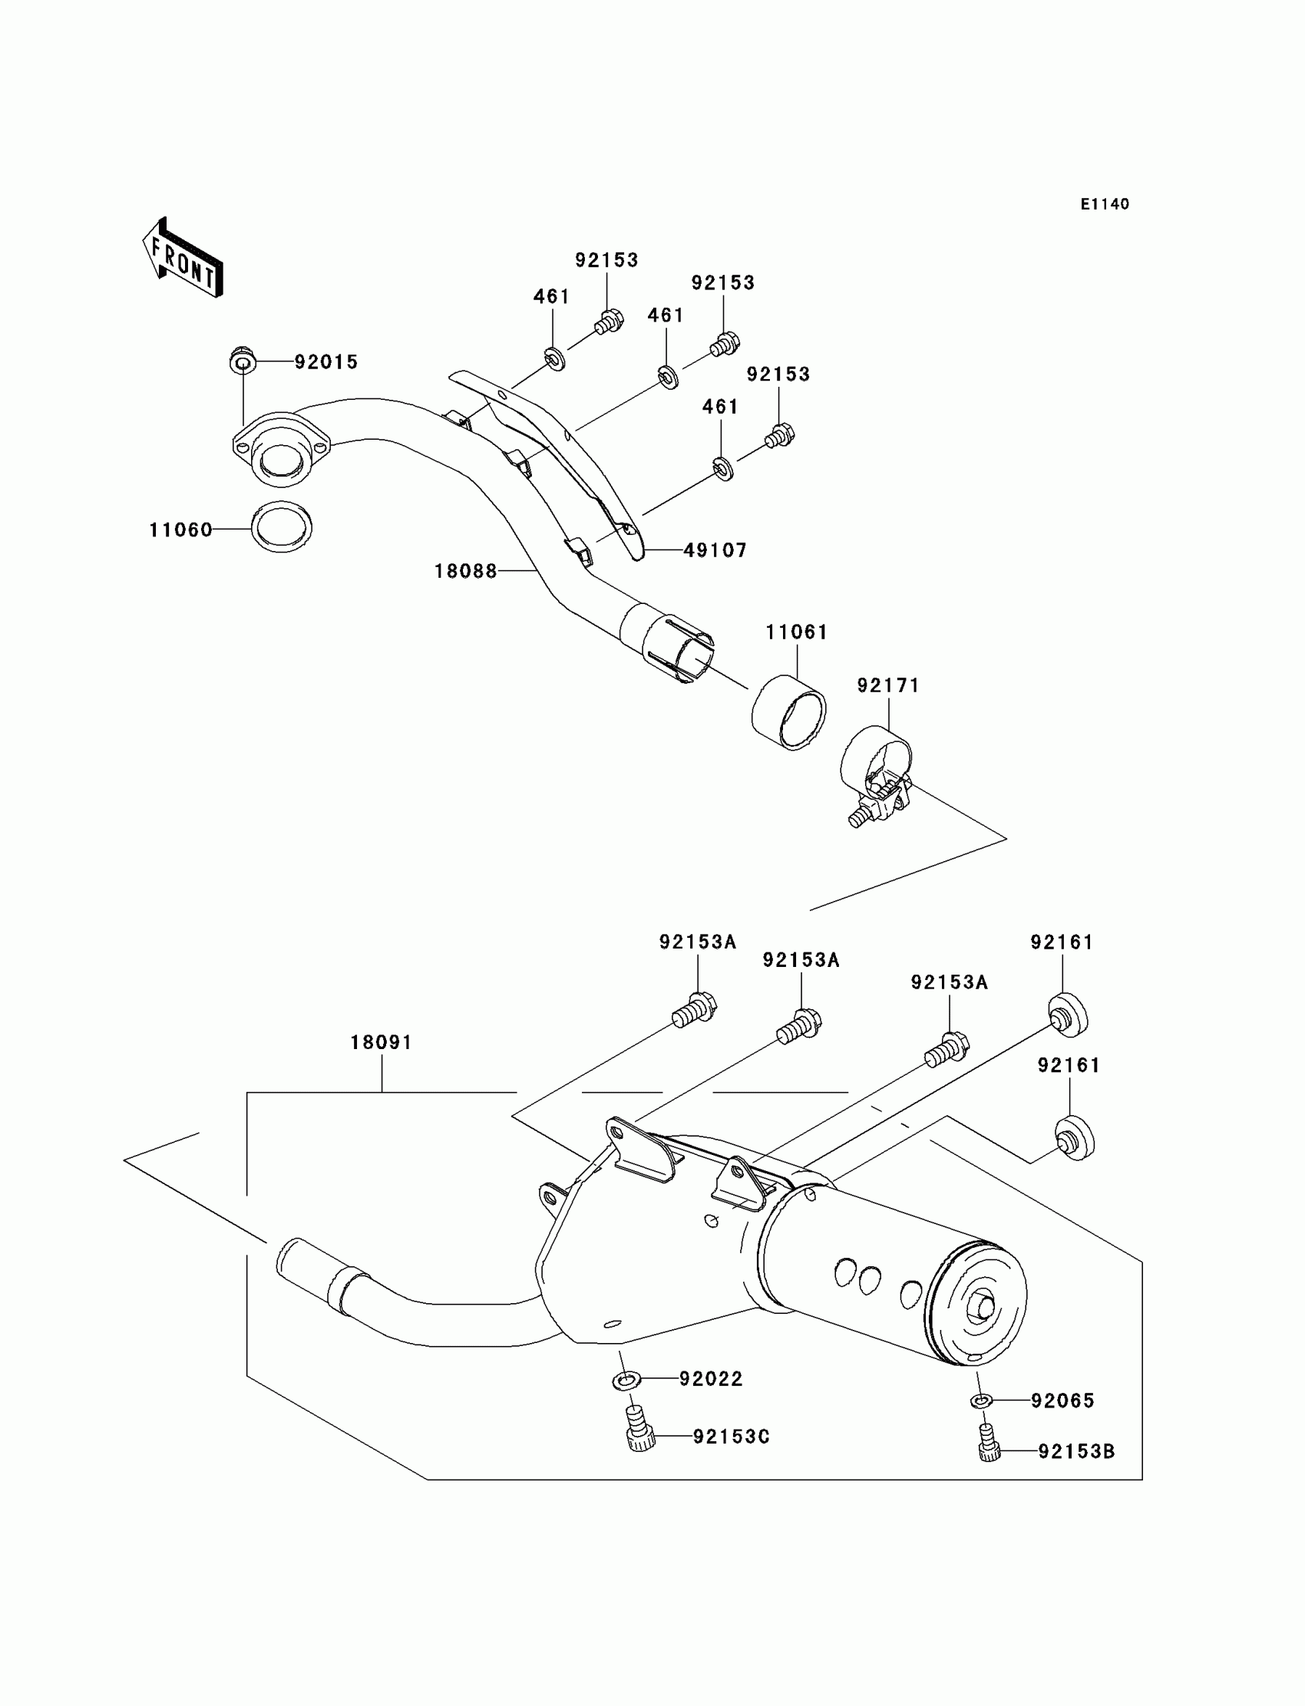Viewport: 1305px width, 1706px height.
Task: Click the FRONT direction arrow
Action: pos(183,259)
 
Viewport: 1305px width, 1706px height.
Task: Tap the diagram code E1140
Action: pos(1105,204)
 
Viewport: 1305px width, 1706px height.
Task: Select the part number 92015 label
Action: pos(326,363)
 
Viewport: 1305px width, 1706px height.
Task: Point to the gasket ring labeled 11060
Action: pos(281,527)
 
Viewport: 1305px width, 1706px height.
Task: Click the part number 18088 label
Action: pos(465,572)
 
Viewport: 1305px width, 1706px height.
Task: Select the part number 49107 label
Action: pos(715,550)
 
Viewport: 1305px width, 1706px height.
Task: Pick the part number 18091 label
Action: pos(381,1043)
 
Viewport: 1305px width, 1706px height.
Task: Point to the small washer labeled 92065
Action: pos(980,1401)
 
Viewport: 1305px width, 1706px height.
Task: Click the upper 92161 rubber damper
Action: pos(1067,1014)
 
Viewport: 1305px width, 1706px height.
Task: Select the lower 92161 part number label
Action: pos(1069,1065)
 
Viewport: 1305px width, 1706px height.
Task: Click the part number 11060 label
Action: pos(180,530)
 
